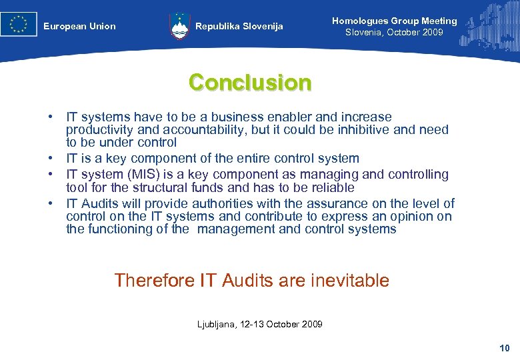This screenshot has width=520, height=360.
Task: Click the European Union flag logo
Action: coord(19,25)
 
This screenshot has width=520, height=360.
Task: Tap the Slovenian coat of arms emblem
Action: coord(180,27)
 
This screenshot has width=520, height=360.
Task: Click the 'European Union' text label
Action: coord(79,27)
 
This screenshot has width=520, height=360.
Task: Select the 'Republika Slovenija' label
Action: coord(239,27)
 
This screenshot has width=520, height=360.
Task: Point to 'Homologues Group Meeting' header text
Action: coord(394,21)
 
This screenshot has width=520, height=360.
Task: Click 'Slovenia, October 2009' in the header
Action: coord(394,32)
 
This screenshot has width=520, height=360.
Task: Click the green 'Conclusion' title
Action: coord(250,83)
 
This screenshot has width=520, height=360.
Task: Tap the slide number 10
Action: coord(504,348)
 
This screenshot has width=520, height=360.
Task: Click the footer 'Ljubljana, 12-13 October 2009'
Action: coord(260,324)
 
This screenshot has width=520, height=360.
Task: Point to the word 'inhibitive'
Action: coord(353,130)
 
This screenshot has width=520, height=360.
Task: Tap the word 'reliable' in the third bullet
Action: coord(331,187)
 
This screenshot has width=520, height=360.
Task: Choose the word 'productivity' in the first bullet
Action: coord(99,130)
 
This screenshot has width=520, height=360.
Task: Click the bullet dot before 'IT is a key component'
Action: coord(50,159)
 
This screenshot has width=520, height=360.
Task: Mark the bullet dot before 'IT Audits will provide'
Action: coord(50,204)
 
